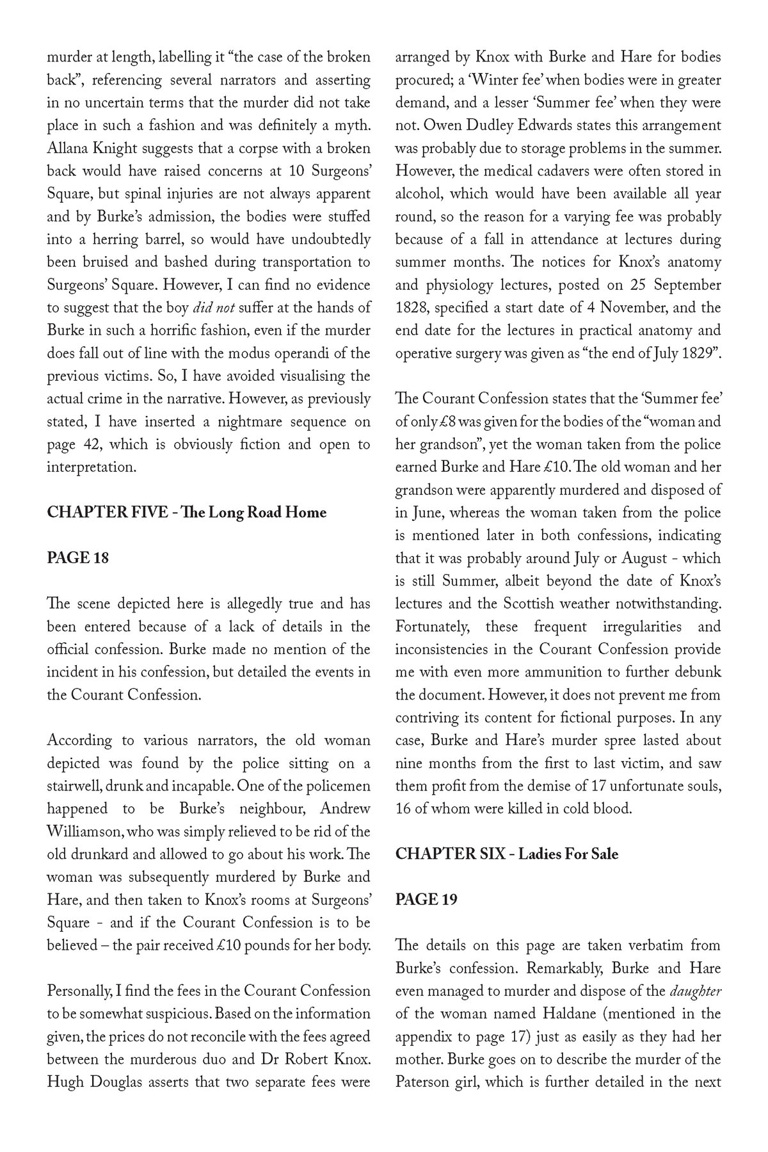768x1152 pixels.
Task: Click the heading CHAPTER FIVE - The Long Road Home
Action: coord(186,513)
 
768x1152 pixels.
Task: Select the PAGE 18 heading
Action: coord(78,558)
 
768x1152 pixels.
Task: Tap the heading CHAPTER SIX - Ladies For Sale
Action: coord(506,854)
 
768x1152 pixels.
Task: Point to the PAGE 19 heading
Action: coord(426,899)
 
